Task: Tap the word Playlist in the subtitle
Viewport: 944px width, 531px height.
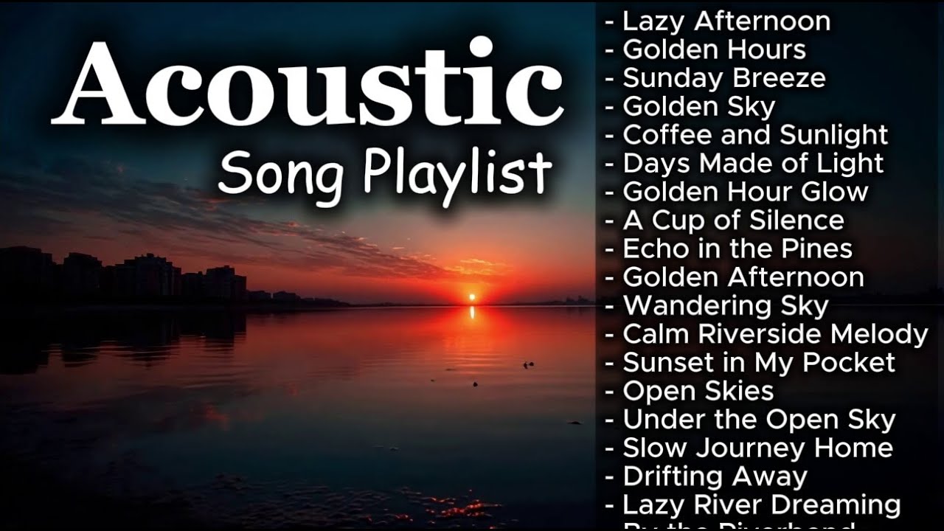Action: coord(457,174)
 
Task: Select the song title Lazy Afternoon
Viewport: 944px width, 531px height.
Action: coord(726,21)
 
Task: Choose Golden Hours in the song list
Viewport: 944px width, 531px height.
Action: coord(714,49)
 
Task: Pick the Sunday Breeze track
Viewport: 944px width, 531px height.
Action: coord(723,78)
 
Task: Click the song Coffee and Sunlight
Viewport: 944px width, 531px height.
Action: coord(755,135)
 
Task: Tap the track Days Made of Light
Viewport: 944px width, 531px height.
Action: coord(753,163)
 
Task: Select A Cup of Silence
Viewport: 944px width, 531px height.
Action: coord(733,220)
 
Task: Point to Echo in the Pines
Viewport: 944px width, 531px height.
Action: coord(737,249)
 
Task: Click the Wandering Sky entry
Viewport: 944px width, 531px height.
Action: coord(726,305)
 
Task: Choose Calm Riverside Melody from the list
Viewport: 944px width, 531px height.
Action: coord(775,334)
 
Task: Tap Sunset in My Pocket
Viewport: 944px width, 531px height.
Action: coord(759,362)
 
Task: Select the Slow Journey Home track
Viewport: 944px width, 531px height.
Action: coord(757,448)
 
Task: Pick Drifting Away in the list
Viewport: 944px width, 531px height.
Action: coord(715,476)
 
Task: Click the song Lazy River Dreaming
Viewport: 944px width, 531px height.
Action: coord(761,505)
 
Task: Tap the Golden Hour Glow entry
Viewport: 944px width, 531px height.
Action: coord(745,192)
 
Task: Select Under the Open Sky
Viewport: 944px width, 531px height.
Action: coord(759,420)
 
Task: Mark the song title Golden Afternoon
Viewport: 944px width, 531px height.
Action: coord(743,277)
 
